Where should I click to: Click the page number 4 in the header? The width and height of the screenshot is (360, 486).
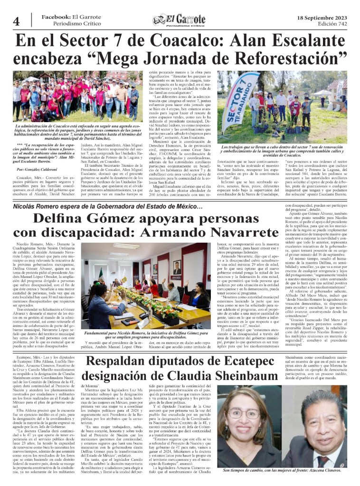[16, 20]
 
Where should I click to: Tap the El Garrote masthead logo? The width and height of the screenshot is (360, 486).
[180, 19]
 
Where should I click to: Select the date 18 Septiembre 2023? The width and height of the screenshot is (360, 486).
[321, 17]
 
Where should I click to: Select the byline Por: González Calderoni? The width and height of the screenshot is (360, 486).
[42, 169]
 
